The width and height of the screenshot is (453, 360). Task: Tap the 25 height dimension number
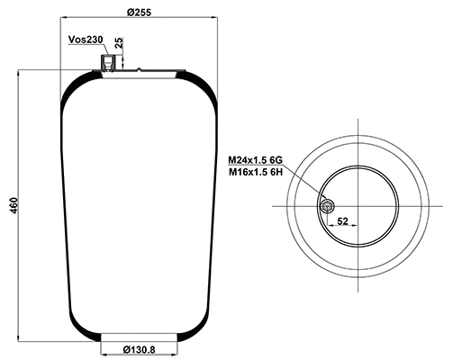click(x=120, y=42)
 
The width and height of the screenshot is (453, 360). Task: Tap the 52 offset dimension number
click(x=342, y=220)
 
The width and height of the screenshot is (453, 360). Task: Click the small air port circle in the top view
click(x=326, y=206)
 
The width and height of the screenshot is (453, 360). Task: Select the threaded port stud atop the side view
click(x=109, y=62)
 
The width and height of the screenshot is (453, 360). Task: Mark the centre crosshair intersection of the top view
click(x=358, y=206)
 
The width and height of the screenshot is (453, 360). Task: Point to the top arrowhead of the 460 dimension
click(x=19, y=72)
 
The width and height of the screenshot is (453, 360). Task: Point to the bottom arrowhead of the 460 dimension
click(x=19, y=339)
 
